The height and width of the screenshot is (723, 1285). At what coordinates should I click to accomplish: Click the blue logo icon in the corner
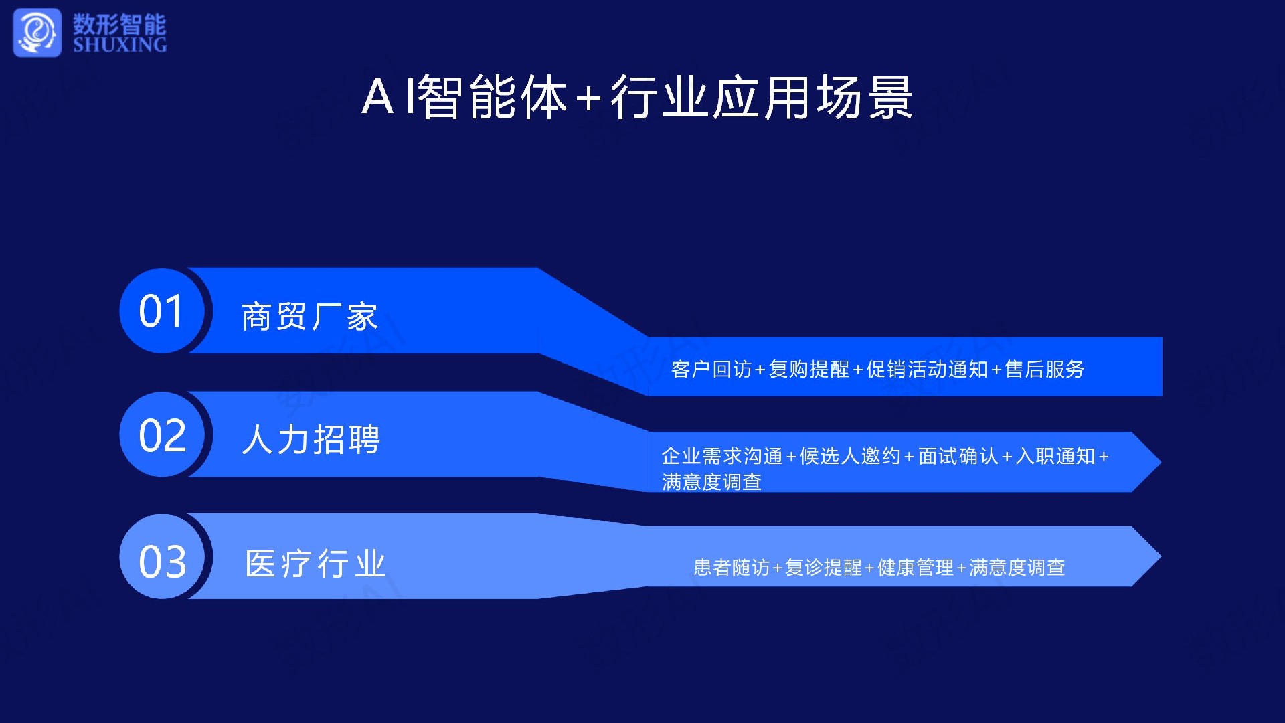click(37, 32)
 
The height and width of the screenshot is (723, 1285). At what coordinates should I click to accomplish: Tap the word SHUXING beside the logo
click(120, 45)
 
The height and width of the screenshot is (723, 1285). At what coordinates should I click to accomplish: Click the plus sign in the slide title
click(588, 98)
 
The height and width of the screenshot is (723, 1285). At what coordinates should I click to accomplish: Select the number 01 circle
click(162, 311)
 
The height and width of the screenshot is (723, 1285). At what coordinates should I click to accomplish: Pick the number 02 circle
click(162, 434)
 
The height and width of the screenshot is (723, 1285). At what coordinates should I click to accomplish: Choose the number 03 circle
click(162, 557)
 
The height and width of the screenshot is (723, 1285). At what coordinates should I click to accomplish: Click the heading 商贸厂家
click(310, 317)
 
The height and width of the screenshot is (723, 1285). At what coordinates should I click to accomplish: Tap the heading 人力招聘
click(311, 440)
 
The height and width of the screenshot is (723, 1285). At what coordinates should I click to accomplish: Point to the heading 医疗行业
click(316, 564)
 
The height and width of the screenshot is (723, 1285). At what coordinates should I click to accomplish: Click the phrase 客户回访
click(711, 369)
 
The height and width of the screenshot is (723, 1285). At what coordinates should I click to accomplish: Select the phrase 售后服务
click(1045, 369)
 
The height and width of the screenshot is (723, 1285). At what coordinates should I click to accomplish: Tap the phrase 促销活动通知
click(927, 369)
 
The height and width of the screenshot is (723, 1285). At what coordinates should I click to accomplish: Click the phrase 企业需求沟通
click(722, 456)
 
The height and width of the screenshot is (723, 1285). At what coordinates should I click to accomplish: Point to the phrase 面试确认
click(958, 456)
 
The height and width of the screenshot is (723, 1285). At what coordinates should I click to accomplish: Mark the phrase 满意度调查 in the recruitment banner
click(711, 482)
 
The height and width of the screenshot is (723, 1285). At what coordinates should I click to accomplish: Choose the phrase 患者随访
click(732, 568)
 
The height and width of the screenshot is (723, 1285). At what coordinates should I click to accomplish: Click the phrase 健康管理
click(916, 568)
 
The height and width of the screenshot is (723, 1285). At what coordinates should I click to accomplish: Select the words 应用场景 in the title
click(812, 98)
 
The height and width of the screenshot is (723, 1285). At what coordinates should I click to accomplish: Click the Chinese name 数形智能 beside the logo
click(120, 24)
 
